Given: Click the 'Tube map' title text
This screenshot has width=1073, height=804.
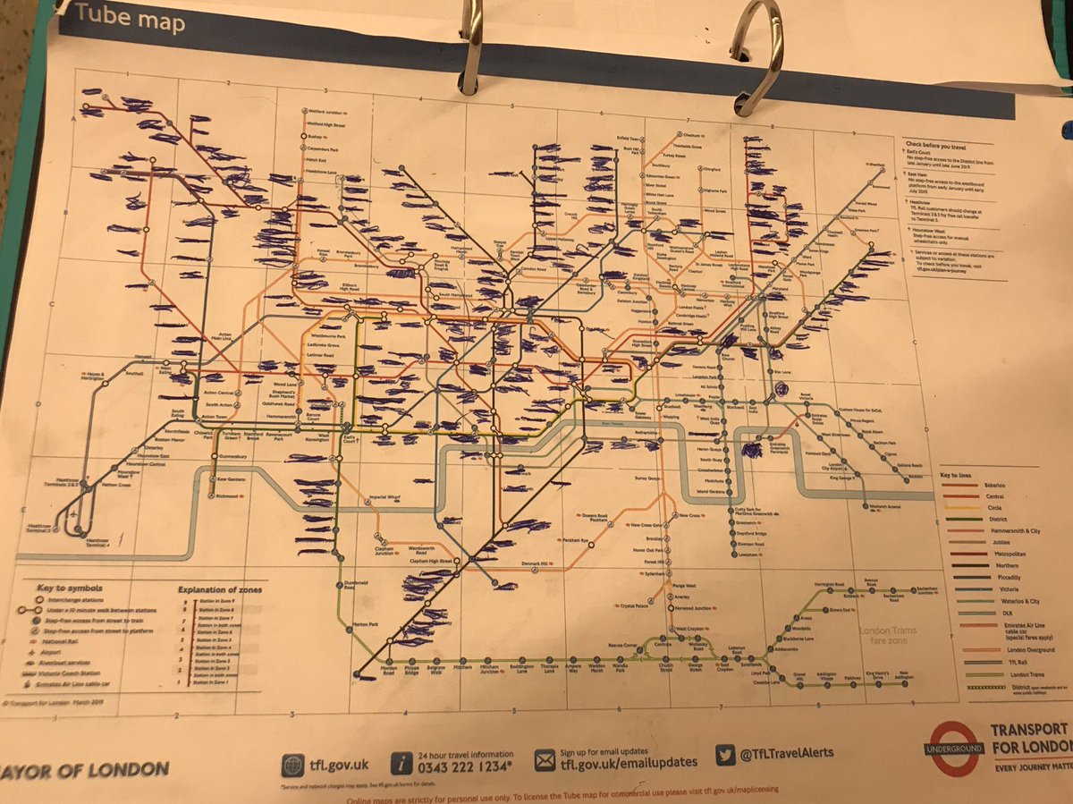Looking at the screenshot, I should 130,17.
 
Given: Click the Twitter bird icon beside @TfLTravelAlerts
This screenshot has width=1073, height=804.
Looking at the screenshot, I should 724,754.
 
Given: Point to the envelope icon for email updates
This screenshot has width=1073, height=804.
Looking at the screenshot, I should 545,761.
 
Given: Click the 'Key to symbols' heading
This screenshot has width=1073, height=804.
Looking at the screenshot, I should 71,588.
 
